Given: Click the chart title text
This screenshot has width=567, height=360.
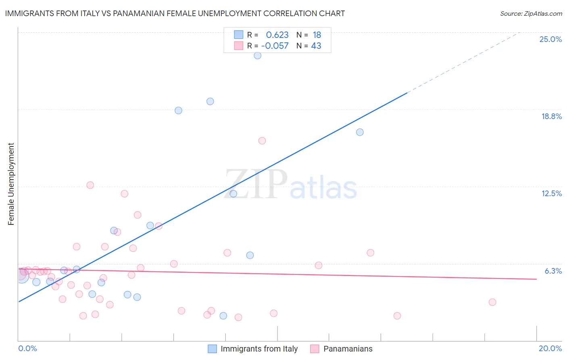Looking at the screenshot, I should click(175, 13).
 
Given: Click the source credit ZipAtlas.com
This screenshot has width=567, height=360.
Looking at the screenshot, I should click(531, 13).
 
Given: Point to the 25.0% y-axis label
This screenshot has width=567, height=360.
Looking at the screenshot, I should click(550, 39).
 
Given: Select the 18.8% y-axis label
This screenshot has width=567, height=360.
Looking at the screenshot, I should click(551, 116).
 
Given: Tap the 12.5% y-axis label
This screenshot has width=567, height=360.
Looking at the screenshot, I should click(551, 193).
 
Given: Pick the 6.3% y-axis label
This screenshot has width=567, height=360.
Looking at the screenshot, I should click(553, 271).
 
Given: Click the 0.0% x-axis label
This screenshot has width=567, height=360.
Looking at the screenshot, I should click(27, 348).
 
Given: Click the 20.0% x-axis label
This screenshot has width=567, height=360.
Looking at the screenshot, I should click(550, 348).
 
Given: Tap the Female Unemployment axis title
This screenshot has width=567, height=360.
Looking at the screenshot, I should click(11, 184).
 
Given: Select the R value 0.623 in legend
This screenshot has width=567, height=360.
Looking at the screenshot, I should click(277, 35).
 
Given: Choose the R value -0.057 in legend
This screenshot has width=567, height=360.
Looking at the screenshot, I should click(275, 46).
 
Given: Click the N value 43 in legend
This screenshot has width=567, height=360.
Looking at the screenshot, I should click(316, 46).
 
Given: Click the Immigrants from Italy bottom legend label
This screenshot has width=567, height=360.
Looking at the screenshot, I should click(259, 349).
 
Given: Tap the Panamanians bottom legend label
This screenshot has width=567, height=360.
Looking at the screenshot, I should click(348, 349).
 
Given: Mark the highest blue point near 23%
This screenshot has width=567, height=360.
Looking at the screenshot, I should click(257, 55).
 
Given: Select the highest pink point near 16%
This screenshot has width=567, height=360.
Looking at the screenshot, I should click(262, 141).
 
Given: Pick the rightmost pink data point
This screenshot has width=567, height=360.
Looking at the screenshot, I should click(492, 302).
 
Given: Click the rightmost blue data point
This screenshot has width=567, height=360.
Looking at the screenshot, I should click(360, 132).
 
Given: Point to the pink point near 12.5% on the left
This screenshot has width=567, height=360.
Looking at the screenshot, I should click(90, 185).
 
